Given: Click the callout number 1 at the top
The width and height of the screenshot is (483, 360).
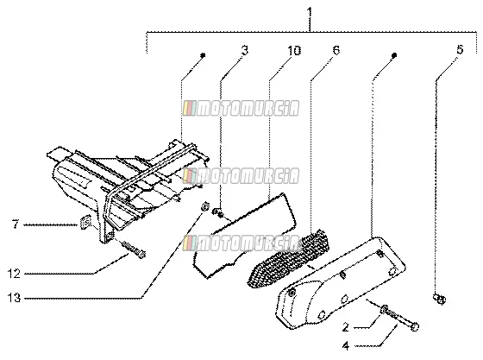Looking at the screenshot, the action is pyautogui.click(x=310, y=13).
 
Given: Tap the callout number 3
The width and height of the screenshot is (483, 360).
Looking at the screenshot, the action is pyautogui.click(x=245, y=50).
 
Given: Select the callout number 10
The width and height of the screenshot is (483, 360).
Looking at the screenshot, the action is pyautogui.click(x=294, y=51).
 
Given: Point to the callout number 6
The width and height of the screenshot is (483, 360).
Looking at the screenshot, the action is pyautogui.click(x=336, y=49).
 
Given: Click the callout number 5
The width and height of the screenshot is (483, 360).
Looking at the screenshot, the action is pyautogui.click(x=460, y=49).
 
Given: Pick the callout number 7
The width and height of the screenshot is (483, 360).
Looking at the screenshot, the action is pyautogui.click(x=16, y=224).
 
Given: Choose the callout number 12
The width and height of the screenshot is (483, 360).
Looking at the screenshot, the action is pyautogui.click(x=14, y=274).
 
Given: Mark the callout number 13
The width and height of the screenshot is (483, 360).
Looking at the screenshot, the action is pyautogui.click(x=14, y=298).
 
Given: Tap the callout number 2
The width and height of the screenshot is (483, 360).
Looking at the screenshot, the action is pyautogui.click(x=346, y=327).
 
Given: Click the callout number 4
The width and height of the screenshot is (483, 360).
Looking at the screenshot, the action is pyautogui.click(x=346, y=346).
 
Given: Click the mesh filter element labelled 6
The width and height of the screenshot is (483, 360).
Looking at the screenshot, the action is pyautogui.click(x=289, y=259).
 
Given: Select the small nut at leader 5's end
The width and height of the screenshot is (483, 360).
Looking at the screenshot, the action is pyautogui.click(x=439, y=299).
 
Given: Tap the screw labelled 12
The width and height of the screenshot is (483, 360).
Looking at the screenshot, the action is pyautogui.click(x=133, y=249).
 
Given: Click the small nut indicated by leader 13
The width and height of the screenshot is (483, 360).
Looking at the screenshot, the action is pyautogui.click(x=205, y=206).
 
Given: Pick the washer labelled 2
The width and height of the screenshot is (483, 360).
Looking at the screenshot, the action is pyautogui.click(x=384, y=309).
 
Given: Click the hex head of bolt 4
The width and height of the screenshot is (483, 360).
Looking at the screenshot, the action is pyautogui.click(x=415, y=326).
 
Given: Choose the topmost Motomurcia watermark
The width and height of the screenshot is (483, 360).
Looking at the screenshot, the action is pyautogui.click(x=241, y=109).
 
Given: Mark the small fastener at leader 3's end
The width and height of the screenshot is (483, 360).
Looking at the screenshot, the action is pyautogui.click(x=217, y=212).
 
